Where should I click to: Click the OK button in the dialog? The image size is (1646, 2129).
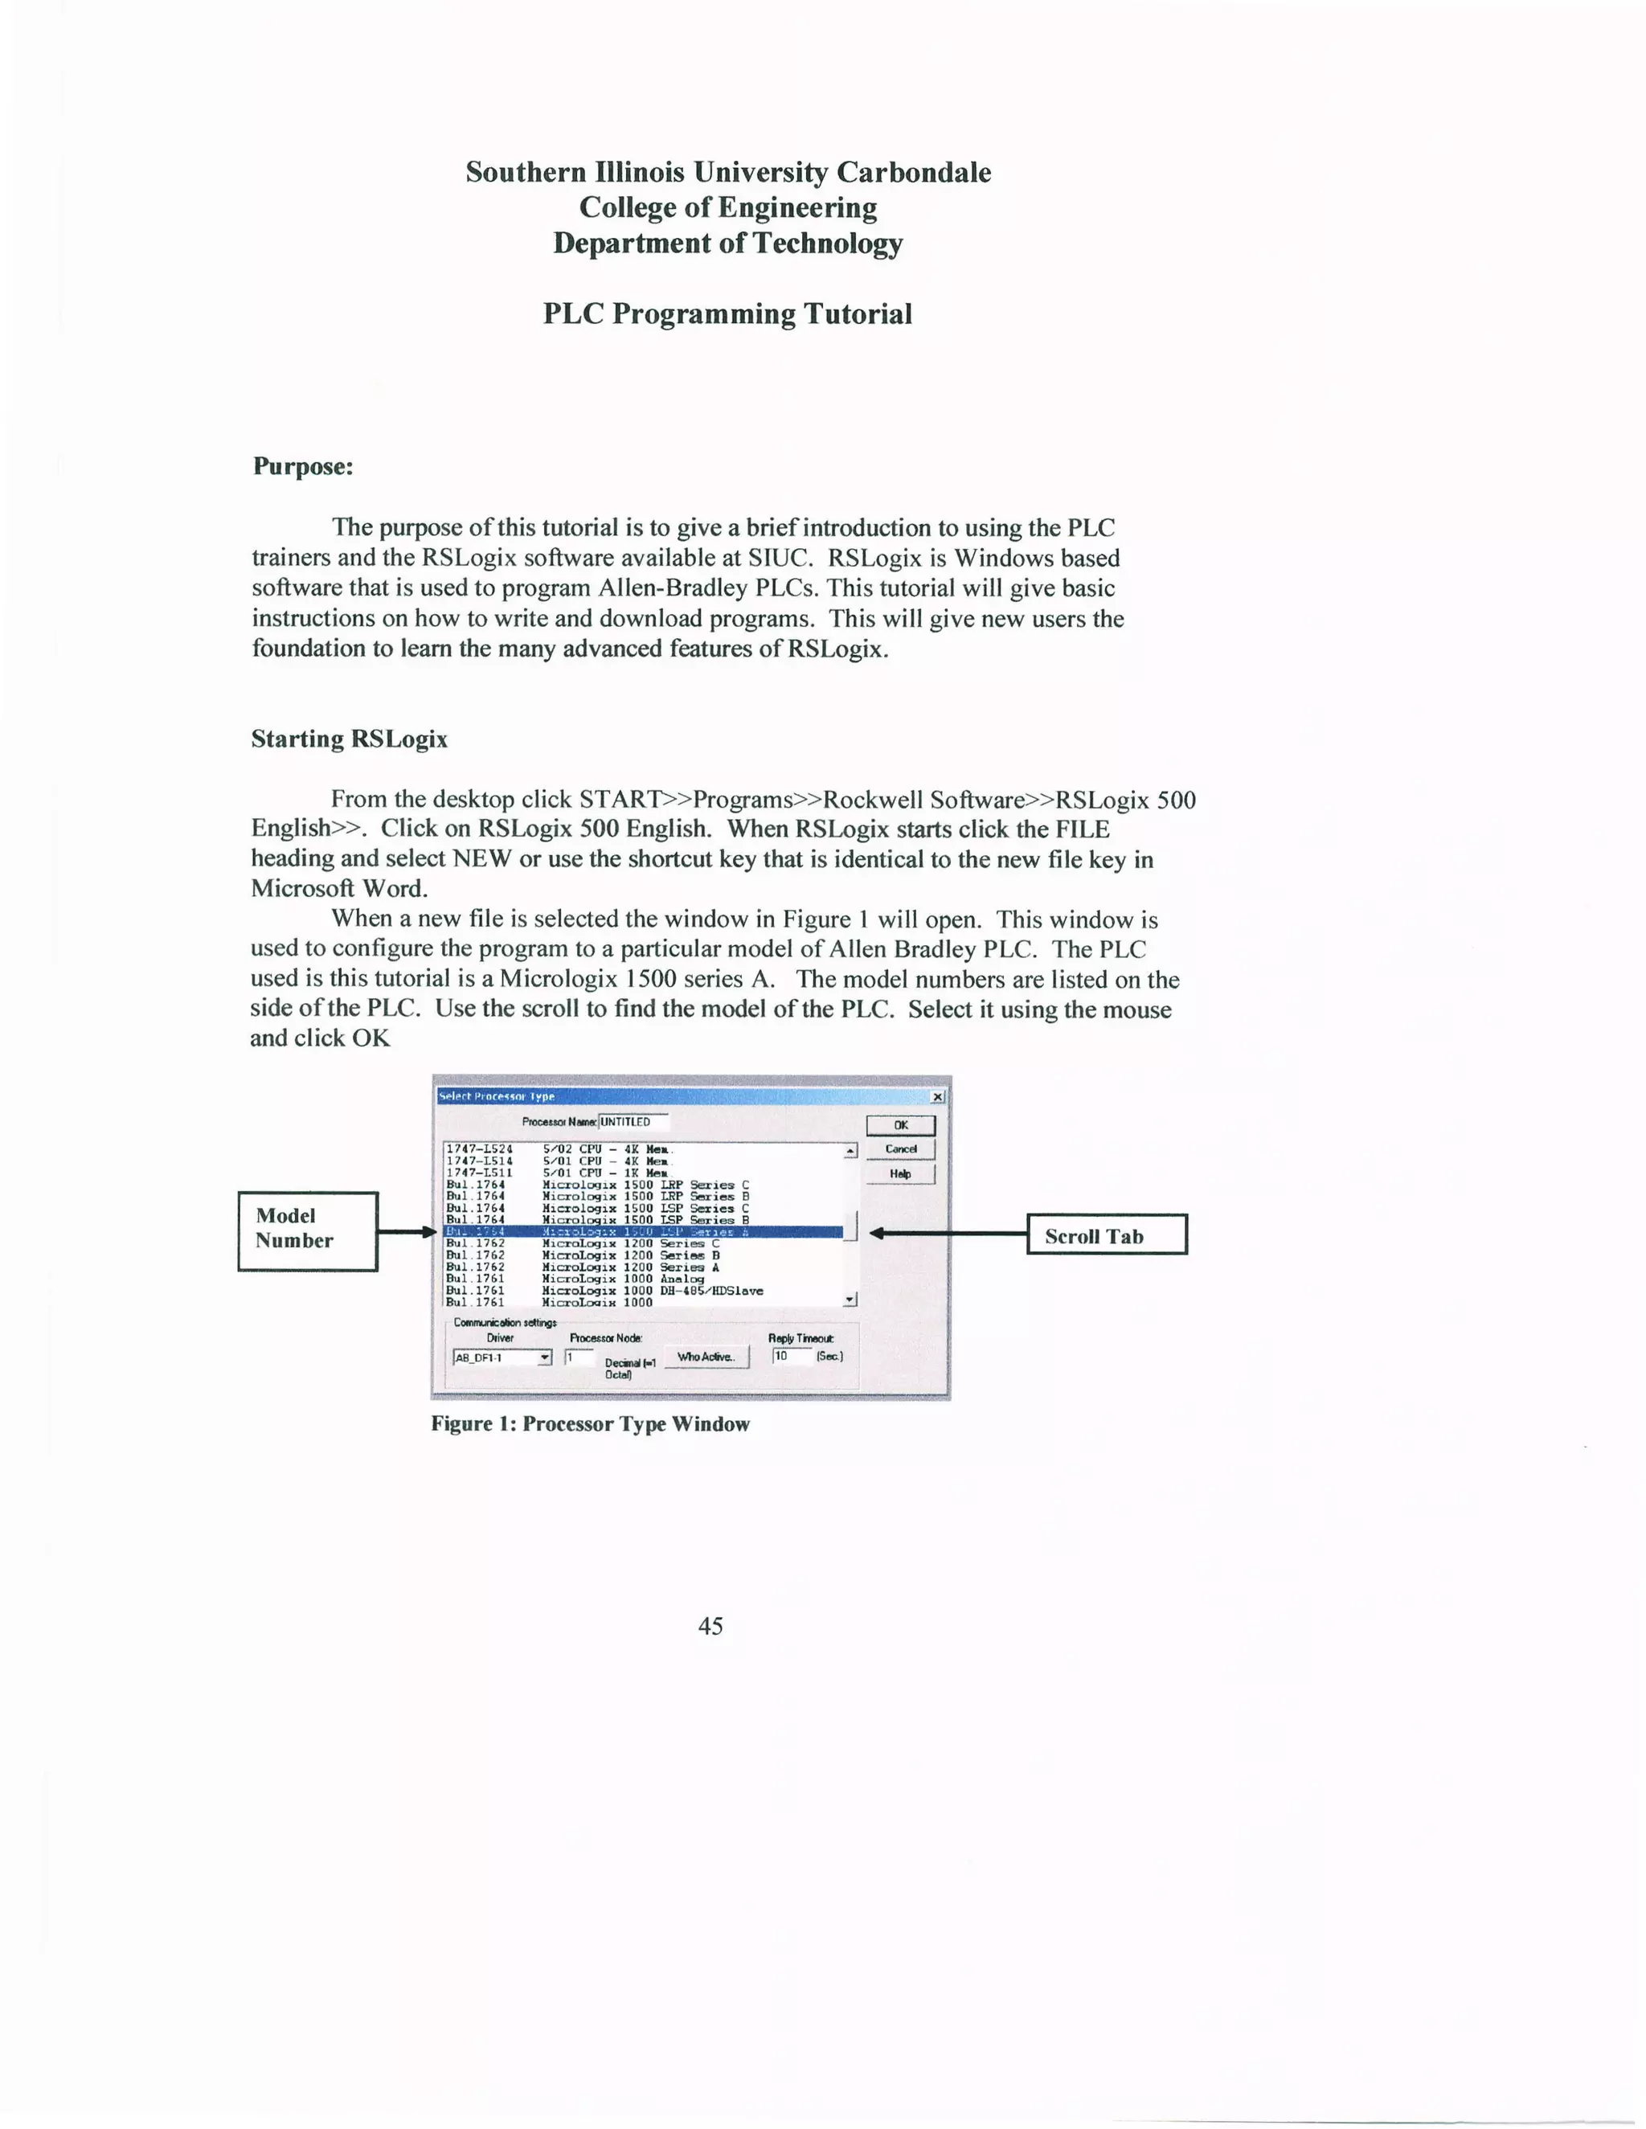900,1125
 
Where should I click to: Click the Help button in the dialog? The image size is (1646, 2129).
900,1173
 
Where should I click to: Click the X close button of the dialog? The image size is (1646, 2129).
937,1097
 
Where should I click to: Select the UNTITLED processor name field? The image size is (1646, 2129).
633,1122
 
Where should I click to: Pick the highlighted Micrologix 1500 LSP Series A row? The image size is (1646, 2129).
643,1232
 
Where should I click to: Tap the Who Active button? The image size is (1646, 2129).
706,1357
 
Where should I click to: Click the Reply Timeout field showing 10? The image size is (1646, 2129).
791,1356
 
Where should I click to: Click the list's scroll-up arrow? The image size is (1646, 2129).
850,1151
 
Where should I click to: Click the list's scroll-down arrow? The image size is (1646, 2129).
850,1300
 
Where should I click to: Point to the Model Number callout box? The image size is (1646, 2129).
307,1231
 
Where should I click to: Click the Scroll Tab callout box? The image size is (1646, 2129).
1107,1235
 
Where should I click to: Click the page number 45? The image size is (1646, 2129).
710,1625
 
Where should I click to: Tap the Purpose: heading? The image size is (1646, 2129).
302,466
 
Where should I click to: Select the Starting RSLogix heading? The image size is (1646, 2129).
349,739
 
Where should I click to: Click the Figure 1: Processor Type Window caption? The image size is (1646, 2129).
590,1424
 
